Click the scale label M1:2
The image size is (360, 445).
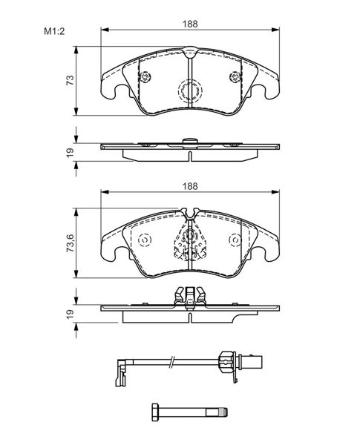click(54, 31)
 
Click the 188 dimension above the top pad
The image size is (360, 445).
click(190, 24)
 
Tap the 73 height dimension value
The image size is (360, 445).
click(70, 80)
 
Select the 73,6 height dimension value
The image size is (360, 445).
click(70, 243)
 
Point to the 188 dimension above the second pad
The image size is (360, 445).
click(190, 186)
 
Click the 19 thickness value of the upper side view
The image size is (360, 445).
click(70, 152)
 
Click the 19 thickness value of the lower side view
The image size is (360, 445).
click(70, 314)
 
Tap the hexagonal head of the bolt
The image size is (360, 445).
click(155, 412)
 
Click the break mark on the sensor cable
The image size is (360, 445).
click(171, 362)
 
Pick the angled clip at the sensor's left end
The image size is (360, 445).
click(122, 372)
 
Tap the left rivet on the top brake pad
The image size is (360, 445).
click(145, 76)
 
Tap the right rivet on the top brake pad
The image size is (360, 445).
click(235, 76)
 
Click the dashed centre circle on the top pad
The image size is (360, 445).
click(190, 90)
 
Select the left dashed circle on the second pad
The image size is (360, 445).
click(145, 240)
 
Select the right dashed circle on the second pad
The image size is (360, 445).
click(235, 240)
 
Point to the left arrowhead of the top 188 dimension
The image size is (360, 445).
click(105, 30)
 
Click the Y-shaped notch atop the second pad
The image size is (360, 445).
click(190, 214)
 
